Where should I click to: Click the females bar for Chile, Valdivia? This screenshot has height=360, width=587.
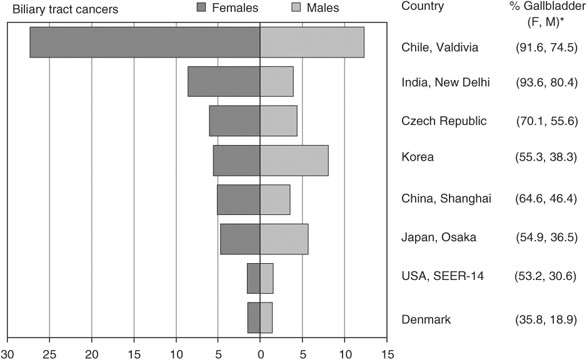coord(145,42)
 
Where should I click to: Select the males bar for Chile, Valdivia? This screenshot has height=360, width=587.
coord(312,42)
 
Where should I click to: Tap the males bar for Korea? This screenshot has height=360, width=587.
coord(294,160)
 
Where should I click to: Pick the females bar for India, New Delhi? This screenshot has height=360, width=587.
coord(224,81)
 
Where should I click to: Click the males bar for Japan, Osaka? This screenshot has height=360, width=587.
coord(284,239)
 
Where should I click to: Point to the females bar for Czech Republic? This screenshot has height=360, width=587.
coord(235,121)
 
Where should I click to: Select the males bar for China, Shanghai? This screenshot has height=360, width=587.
coord(275,200)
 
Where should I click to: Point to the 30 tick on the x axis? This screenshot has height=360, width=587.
coord(8,352)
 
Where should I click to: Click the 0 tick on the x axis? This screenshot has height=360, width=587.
coord(261,352)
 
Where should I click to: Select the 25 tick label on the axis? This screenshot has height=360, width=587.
coord(50,352)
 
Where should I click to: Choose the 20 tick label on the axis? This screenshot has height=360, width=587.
coord(92,352)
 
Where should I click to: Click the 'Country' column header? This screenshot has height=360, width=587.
coord(423,7)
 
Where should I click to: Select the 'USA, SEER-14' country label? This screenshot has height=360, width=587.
coord(443,278)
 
